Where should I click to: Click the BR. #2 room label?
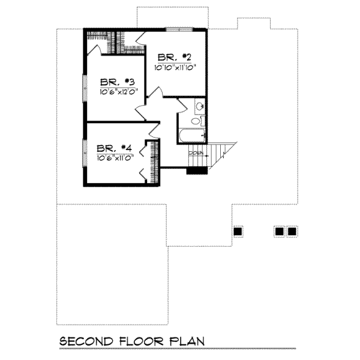coord(174,58)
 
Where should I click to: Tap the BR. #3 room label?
coord(117,82)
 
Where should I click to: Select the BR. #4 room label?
coord(114,148)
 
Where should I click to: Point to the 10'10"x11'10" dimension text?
coord(176,67)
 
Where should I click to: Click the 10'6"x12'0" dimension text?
coord(119,92)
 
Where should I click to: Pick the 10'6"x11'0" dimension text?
coord(115,157)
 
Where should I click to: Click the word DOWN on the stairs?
coord(196,154)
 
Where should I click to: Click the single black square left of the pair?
coord(238,231)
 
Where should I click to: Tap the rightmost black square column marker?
coord(292,231)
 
